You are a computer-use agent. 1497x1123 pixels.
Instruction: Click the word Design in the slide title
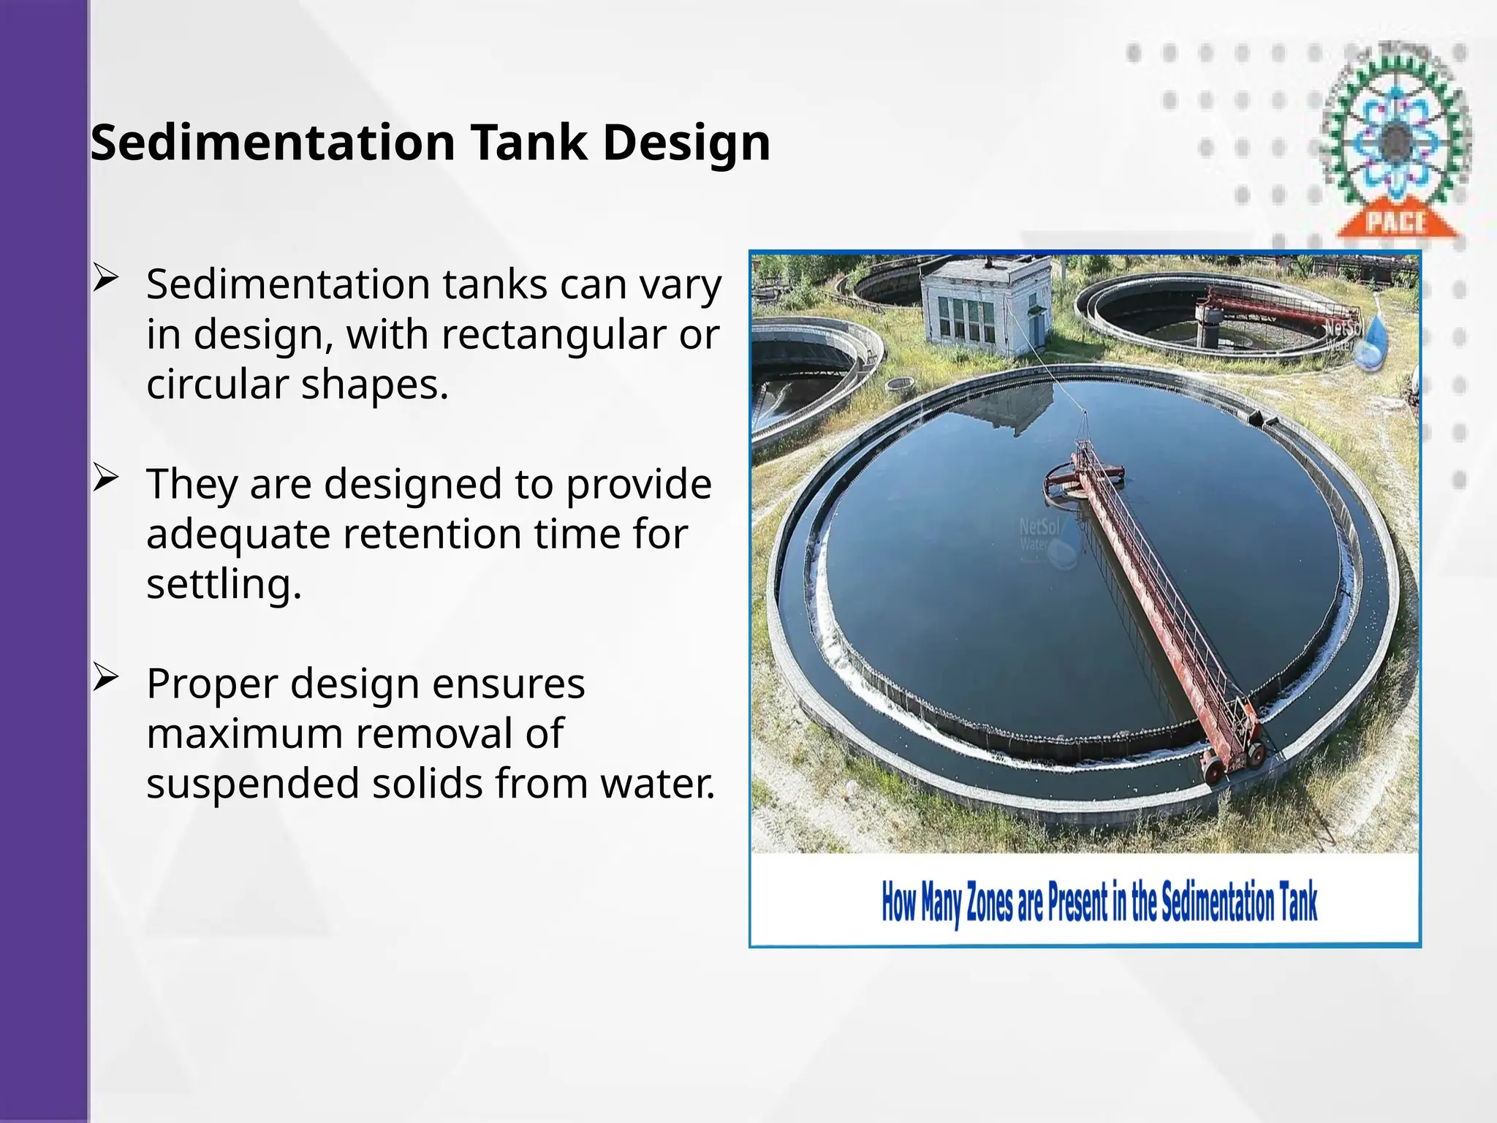coord(686,143)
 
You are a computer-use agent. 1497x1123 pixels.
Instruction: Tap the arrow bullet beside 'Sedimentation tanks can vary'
coord(106,279)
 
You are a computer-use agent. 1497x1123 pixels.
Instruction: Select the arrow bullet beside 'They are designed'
coord(106,479)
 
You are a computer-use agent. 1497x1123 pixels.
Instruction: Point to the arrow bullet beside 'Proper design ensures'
coord(106,678)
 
